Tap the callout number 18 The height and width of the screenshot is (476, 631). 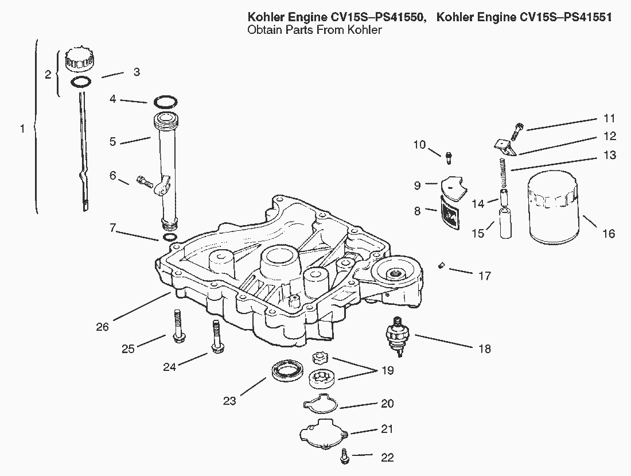(484, 349)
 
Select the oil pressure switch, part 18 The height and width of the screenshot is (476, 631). (395, 335)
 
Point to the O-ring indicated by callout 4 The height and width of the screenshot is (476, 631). (165, 103)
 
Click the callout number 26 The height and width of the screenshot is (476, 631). (102, 327)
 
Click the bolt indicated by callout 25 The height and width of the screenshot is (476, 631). (176, 326)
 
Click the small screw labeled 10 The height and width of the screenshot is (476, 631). (449, 154)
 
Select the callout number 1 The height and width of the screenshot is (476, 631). (22, 129)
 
